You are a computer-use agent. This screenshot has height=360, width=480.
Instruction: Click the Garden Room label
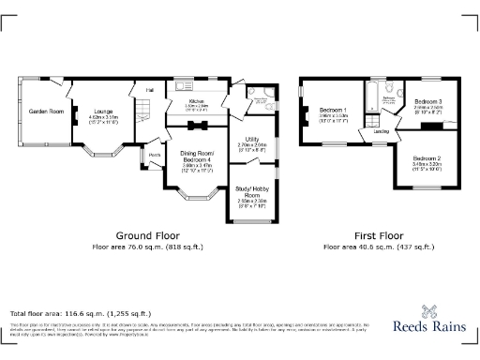click(45, 112)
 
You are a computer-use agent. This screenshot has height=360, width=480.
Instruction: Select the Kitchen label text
click(196, 101)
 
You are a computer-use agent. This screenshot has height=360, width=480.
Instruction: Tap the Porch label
click(154, 155)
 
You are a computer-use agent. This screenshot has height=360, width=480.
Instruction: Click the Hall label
click(149, 90)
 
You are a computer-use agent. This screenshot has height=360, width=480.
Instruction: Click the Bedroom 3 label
click(427, 101)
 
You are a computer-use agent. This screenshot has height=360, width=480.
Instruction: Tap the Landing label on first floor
click(382, 131)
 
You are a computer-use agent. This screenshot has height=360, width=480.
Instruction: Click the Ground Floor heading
click(147, 235)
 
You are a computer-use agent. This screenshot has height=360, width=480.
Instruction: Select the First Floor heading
click(378, 235)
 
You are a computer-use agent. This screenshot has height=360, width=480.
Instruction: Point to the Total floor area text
click(81, 312)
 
